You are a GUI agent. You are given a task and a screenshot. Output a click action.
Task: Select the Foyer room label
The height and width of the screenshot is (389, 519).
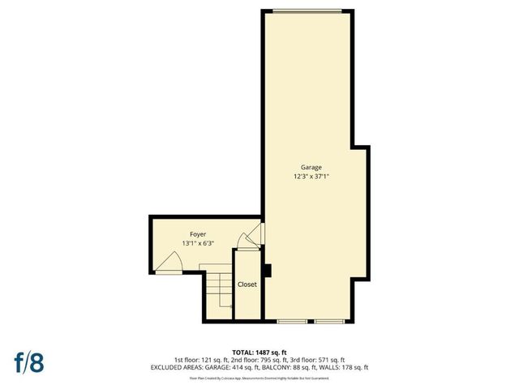pyautogui.click(x=187, y=234)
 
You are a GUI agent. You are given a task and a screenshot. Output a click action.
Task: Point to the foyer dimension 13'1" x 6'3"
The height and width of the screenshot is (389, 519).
pyautogui.click(x=187, y=243)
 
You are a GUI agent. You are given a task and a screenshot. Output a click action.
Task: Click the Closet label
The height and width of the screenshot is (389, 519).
pyautogui.click(x=247, y=284)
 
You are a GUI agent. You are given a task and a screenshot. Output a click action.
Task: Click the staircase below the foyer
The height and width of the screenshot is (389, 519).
pyautogui.click(x=218, y=295)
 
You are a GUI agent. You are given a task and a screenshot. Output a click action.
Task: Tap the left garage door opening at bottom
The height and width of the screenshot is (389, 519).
pyautogui.click(x=291, y=322)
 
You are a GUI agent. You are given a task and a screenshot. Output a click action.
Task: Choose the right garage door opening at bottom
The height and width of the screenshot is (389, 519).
pyautogui.click(x=329, y=322)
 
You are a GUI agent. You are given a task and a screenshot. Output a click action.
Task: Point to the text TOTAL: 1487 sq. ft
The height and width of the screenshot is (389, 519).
pyautogui.click(x=259, y=352)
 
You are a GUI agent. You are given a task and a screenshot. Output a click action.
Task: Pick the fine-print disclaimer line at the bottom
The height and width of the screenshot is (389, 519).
pyautogui.click(x=259, y=378)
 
